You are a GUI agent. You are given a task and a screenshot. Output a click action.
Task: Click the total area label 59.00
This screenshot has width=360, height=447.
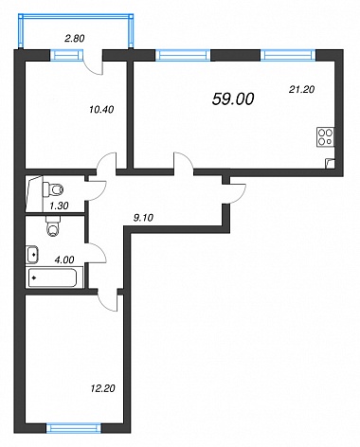233,99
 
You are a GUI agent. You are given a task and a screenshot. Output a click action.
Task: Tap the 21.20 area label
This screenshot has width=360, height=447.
301,90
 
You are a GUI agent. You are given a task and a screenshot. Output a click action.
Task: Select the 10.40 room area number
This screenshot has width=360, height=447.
101,110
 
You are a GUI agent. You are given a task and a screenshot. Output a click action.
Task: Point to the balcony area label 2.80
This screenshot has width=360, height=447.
75,39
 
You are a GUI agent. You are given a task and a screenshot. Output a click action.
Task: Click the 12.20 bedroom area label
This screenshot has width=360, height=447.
103,388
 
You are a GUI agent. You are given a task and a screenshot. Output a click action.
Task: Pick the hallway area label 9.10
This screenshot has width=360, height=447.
143,218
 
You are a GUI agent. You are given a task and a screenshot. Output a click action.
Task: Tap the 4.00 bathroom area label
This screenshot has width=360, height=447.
64,259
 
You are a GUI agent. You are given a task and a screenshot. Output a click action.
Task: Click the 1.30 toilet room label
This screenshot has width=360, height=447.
59,206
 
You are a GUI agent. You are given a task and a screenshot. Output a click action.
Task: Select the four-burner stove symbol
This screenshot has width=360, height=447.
325,136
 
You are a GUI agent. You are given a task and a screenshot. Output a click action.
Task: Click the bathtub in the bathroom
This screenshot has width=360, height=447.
52,277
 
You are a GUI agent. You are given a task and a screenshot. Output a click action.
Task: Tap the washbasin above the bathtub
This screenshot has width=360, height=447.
32,254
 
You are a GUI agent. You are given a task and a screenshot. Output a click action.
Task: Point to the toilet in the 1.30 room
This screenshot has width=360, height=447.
53,189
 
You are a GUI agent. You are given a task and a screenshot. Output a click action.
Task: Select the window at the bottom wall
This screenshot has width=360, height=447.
74,428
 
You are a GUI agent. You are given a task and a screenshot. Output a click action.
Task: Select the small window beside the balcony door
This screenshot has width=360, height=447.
66,55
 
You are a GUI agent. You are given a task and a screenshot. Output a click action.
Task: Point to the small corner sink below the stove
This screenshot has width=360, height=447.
330,164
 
